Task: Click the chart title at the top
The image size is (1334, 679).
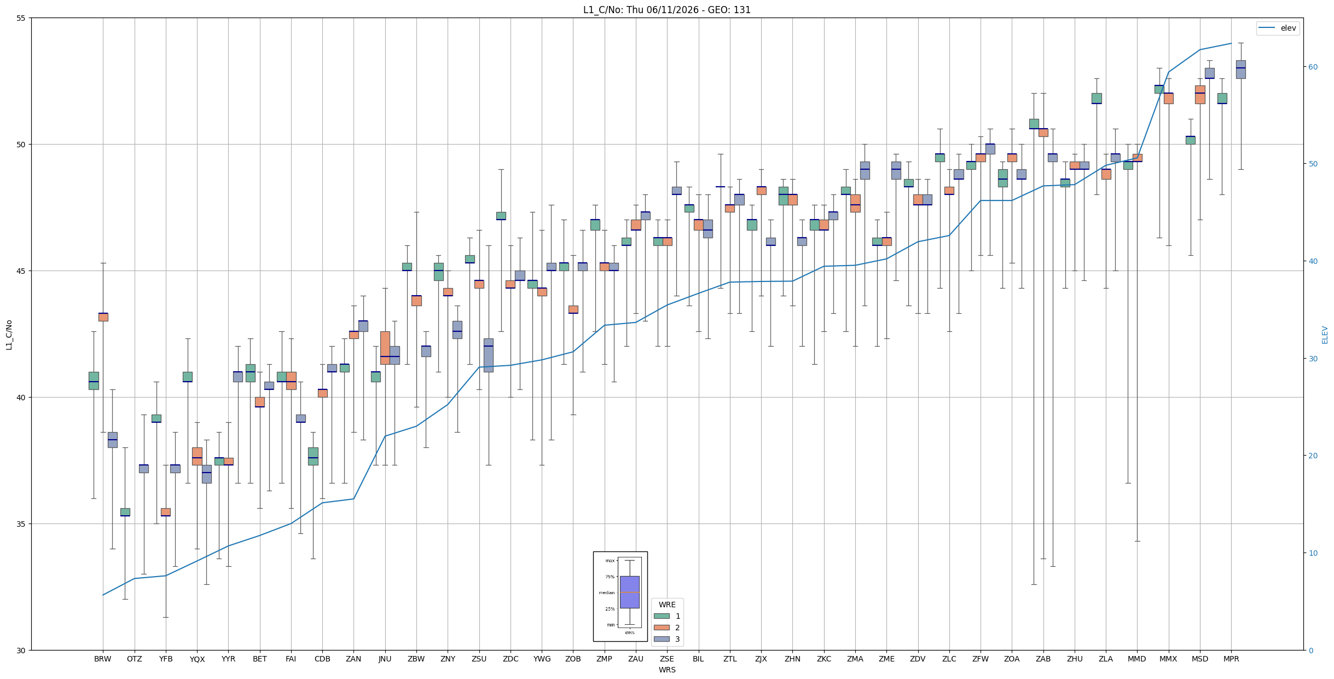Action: [666, 10]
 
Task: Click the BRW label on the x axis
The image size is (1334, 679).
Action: [103, 659]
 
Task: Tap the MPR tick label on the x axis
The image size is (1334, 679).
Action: [1231, 659]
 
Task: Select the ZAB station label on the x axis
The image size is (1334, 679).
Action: [1043, 659]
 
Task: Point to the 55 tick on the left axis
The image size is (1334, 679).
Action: [22, 18]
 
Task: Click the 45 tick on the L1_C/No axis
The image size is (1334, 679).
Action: [22, 271]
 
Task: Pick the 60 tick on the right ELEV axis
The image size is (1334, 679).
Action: [1313, 67]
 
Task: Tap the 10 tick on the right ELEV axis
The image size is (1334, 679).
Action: [1313, 553]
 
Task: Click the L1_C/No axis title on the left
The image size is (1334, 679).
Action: [9, 335]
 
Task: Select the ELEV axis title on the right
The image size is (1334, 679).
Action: [1325, 335]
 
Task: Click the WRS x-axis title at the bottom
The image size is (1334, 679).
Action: [667, 670]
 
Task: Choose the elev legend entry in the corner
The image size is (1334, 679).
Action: [1278, 28]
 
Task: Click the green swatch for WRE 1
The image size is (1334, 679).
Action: [662, 616]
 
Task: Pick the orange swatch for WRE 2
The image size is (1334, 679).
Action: [662, 628]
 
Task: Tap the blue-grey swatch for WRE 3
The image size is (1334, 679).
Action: [662, 639]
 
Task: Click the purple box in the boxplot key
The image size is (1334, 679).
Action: [629, 592]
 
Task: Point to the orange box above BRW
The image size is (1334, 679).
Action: [103, 317]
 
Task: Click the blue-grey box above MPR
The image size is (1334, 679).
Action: [1240, 70]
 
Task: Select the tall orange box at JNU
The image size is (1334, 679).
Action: [385, 348]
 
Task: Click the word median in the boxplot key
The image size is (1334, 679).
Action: [606, 592]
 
